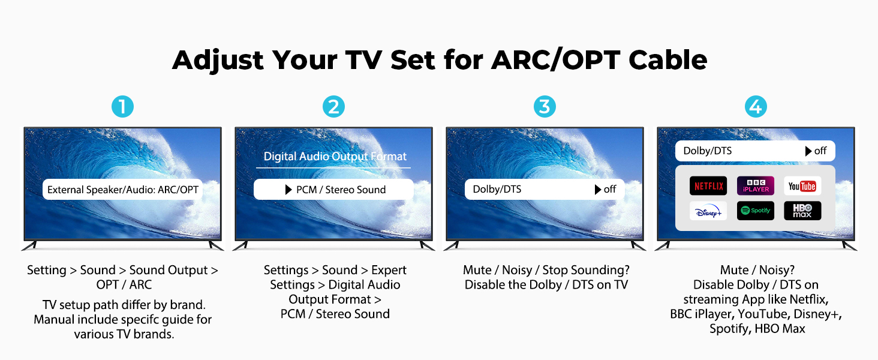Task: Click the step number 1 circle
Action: [122, 107]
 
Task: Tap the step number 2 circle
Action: [333, 107]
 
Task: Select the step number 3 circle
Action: [545, 107]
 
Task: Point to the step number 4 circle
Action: [756, 107]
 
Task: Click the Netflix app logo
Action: [708, 186]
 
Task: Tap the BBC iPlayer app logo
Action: [756, 186]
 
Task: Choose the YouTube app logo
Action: [802, 186]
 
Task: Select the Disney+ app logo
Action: [708, 211]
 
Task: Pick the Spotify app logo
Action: [756, 211]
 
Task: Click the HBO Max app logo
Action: [802, 211]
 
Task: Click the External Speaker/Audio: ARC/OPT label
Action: [123, 190]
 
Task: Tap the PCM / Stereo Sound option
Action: [341, 190]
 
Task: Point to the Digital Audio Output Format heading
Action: [336, 157]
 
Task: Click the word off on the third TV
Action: [610, 190]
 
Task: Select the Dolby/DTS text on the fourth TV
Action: [708, 151]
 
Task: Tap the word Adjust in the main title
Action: [218, 60]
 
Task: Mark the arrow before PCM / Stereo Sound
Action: [288, 190]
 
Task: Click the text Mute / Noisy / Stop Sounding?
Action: [546, 270]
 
